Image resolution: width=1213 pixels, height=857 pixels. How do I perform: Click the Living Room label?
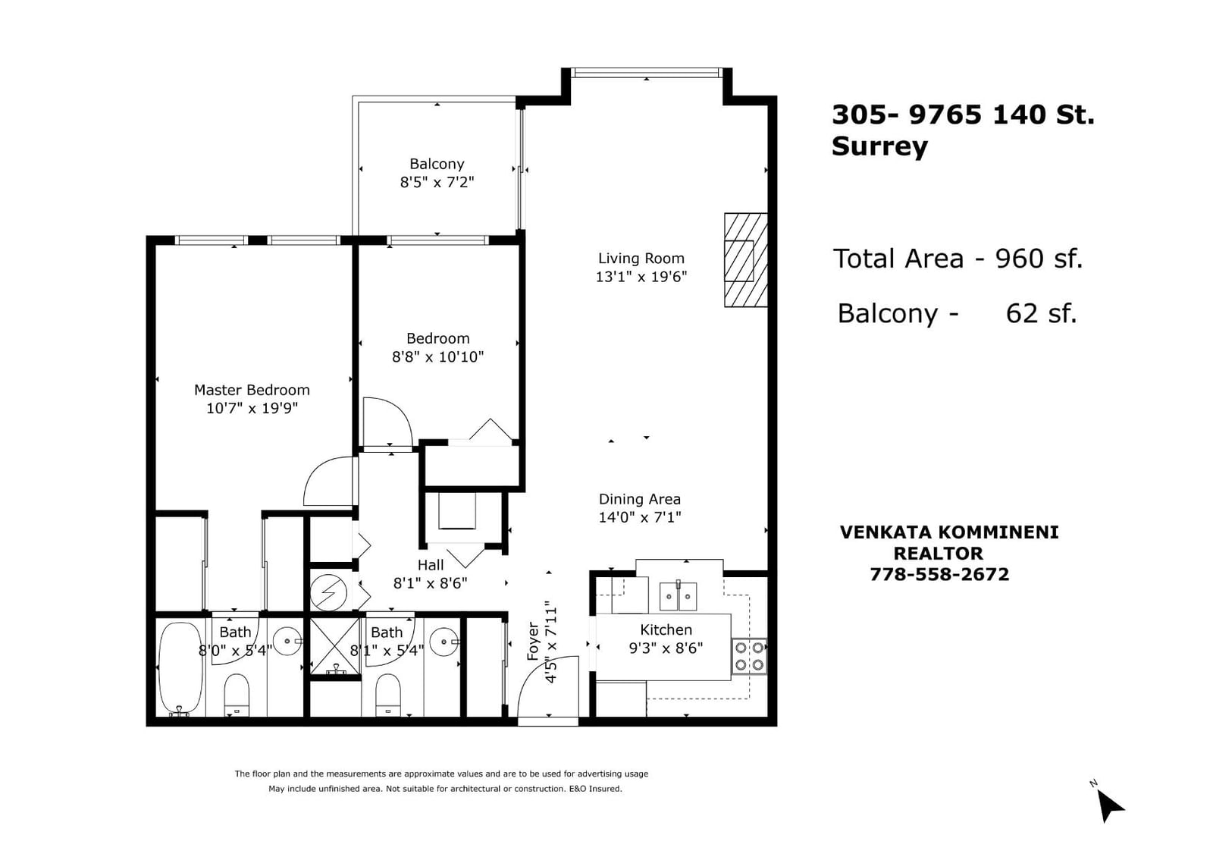tap(641, 259)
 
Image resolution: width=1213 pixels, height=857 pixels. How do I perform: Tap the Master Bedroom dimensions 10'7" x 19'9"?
tap(252, 408)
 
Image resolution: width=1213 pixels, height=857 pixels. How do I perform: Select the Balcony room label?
tap(437, 164)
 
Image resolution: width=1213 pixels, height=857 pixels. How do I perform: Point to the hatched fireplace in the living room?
tap(746, 260)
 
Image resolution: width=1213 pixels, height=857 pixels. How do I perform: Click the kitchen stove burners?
tap(750, 656)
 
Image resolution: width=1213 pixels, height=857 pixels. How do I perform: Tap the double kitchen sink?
tap(678, 596)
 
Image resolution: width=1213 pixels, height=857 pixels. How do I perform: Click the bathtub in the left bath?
tap(180, 669)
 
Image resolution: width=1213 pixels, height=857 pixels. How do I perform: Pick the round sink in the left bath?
tap(287, 642)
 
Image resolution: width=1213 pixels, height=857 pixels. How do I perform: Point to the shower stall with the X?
tap(335, 647)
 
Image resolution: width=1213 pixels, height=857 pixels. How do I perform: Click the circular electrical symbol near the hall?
tap(329, 592)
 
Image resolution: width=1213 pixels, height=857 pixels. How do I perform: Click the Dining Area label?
tap(640, 499)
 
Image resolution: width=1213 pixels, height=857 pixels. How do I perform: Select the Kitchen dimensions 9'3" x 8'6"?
tap(666, 648)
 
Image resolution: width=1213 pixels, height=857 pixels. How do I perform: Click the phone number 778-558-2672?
tap(939, 574)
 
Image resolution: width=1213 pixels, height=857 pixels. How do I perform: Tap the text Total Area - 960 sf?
tap(958, 259)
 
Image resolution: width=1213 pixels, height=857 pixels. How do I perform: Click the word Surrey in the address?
tap(879, 146)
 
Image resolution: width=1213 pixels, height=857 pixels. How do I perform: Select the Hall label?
tap(431, 565)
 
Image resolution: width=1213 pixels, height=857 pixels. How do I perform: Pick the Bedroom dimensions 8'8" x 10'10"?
tap(437, 356)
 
